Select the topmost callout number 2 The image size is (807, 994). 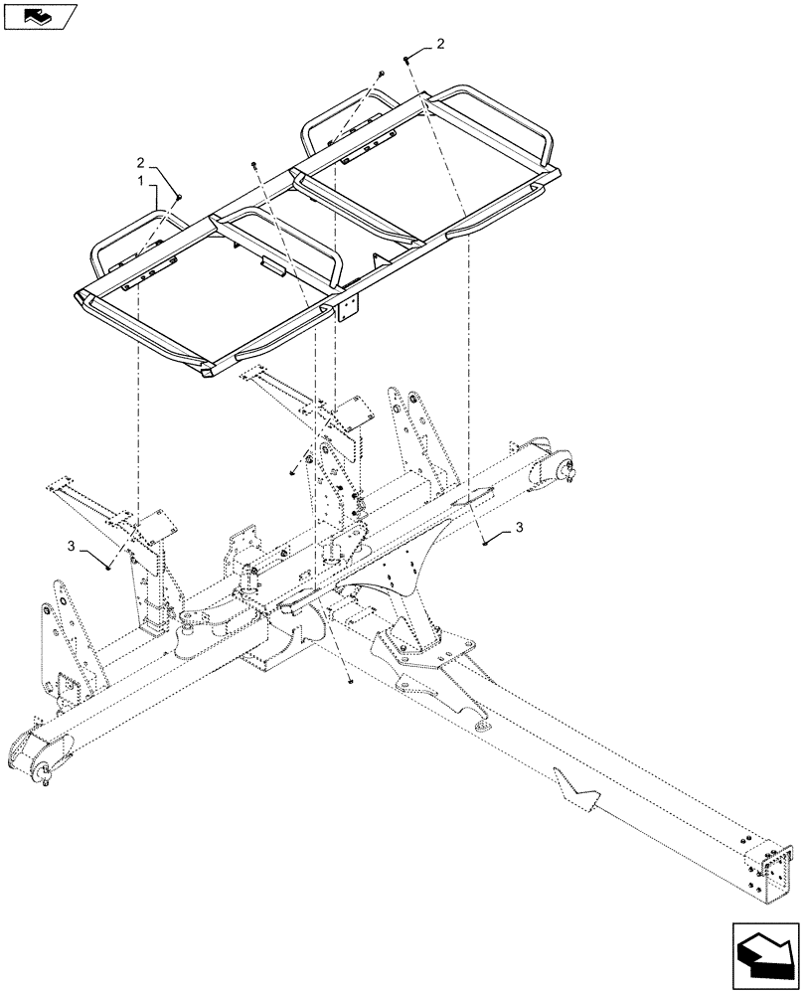[440, 45]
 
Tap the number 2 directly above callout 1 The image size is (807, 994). [141, 161]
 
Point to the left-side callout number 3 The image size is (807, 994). [72, 546]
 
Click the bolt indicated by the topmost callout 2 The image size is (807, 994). [407, 61]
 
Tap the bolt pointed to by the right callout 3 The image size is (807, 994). [484, 542]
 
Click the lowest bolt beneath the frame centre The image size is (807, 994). [351, 681]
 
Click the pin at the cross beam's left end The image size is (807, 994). [45, 774]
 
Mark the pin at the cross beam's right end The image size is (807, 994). [569, 474]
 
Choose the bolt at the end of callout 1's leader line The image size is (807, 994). [178, 199]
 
